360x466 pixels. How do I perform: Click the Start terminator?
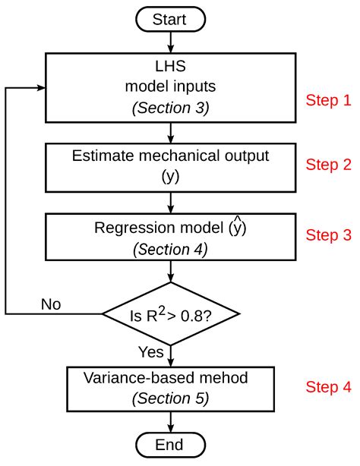pos(172,18)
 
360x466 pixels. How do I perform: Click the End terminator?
pos(172,445)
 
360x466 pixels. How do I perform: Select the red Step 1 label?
pos(328,100)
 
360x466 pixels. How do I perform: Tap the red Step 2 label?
pos(328,165)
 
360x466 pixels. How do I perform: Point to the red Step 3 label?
pos(328,235)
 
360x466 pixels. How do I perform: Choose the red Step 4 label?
pos(328,387)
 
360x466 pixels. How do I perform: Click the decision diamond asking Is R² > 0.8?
pos(172,313)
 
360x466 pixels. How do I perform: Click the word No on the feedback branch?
pos(50,304)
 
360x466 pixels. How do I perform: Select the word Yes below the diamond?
pos(152,351)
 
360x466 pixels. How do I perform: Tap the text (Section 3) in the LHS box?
pos(171,109)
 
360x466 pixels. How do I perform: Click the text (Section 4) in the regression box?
pos(171,249)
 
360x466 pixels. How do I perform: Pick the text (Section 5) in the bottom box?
pos(171,398)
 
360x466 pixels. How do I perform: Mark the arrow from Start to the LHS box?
pos(172,42)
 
